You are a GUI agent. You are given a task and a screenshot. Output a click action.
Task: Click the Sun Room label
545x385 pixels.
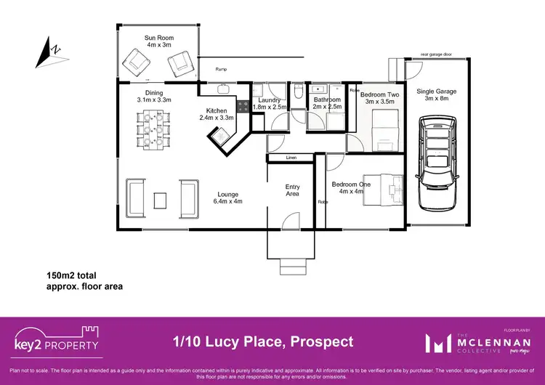pos(158,38)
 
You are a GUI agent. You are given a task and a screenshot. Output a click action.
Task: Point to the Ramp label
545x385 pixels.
pos(222,69)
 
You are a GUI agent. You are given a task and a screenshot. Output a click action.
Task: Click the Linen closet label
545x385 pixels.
pos(291,158)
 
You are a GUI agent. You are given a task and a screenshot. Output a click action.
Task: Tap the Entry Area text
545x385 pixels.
pos(292,190)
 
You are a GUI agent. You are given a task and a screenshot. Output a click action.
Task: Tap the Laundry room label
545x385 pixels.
pos(270,100)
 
